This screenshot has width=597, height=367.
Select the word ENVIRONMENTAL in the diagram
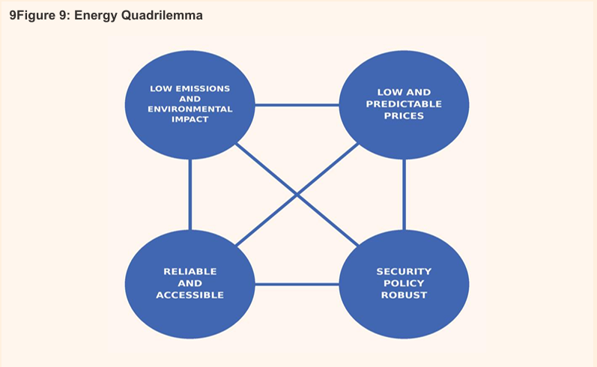coord(190,109)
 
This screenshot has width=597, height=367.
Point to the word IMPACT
coord(190,120)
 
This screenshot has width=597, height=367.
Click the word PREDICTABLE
coord(404,104)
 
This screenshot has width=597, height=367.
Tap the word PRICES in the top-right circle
coord(404,116)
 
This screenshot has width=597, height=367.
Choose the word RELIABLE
coord(190,271)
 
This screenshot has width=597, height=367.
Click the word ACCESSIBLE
coord(190,295)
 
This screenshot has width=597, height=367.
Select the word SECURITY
coord(404,271)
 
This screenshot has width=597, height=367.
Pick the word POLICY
coord(404,283)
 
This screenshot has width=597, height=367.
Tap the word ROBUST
coord(404,295)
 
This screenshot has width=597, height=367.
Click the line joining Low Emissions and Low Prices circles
coord(297,105)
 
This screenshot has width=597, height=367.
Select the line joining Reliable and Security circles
coord(297,284)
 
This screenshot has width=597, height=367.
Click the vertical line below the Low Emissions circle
coord(190,195)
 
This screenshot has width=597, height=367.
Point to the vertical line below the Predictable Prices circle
coord(404,195)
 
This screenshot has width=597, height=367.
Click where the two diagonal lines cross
coord(297,195)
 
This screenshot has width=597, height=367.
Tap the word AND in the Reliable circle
coord(190,283)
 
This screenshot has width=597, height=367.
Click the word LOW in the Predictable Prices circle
coord(388,92)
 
